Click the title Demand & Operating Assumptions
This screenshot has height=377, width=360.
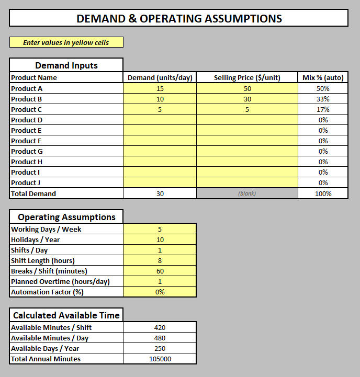[x=179, y=19]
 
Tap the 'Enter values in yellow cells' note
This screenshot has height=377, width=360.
[x=66, y=42]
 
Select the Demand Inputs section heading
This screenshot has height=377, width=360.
[x=66, y=65]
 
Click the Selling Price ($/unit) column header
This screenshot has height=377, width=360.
[x=247, y=78]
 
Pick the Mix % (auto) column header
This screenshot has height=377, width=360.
[x=323, y=78]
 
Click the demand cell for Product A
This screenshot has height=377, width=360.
[x=160, y=88]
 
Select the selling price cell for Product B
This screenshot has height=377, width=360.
[x=247, y=99]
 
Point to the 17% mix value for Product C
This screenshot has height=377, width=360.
[x=323, y=109]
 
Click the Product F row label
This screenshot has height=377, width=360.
[x=27, y=141]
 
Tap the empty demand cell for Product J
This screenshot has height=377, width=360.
[x=160, y=182]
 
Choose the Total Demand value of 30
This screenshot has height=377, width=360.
[x=160, y=193]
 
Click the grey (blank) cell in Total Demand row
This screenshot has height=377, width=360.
[x=247, y=193]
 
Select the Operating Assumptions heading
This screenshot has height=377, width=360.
[x=66, y=217]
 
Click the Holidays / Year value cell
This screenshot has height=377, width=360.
[x=160, y=239]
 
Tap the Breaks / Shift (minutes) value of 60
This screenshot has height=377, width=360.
[x=160, y=271]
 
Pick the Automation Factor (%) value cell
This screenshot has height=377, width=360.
[x=160, y=292]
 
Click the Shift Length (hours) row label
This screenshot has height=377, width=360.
[x=43, y=260]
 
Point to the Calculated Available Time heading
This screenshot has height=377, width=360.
[x=66, y=315]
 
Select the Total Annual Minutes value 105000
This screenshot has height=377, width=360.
[x=160, y=359]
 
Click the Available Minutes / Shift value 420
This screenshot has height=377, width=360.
[x=160, y=327]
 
